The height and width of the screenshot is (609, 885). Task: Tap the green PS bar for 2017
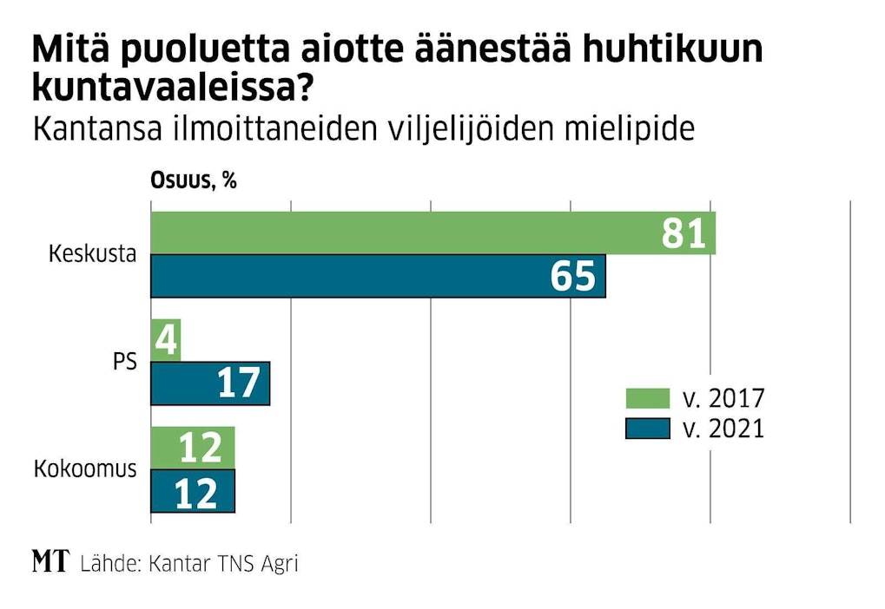click(x=165, y=340)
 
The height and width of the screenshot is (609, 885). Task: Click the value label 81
click(x=684, y=233)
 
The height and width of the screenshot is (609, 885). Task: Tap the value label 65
click(x=573, y=277)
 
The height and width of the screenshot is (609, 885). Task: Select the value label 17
click(x=239, y=383)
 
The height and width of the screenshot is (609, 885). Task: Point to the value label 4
click(x=165, y=340)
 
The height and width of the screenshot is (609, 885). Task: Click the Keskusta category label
click(x=93, y=255)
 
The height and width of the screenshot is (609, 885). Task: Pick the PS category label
click(x=125, y=362)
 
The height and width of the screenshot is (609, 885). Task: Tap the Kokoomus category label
click(x=85, y=469)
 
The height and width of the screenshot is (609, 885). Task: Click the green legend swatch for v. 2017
click(x=648, y=399)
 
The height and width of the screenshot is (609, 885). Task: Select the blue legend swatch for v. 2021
click(x=648, y=429)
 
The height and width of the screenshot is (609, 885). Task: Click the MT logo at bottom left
click(x=50, y=562)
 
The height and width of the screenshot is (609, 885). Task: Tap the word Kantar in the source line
click(x=180, y=563)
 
